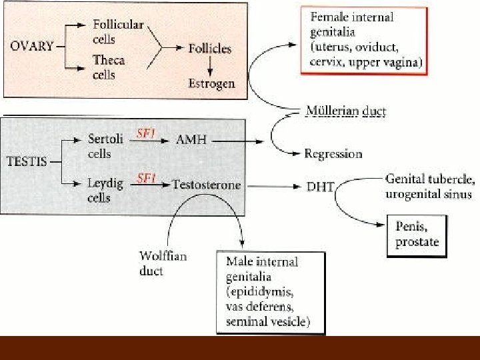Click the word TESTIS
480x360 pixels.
click(x=28, y=161)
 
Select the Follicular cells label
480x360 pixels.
click(x=117, y=31)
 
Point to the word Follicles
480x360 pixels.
click(x=209, y=48)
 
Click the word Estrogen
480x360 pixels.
click(x=211, y=84)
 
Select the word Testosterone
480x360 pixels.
click(x=207, y=183)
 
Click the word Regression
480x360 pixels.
click(x=333, y=153)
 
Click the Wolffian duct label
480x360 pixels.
click(x=163, y=263)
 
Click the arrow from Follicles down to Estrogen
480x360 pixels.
click(x=209, y=65)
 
